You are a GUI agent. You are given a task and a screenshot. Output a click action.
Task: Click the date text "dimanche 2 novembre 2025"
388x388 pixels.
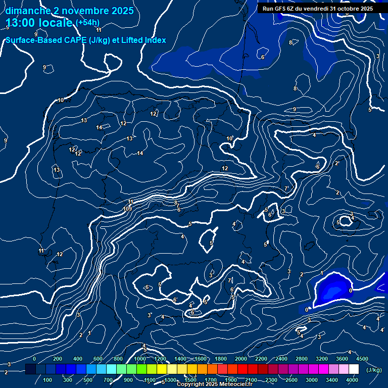[70, 11]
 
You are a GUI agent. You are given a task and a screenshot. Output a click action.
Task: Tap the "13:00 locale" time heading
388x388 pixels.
[39, 22]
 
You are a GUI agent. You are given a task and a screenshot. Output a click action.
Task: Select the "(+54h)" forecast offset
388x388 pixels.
[87, 22]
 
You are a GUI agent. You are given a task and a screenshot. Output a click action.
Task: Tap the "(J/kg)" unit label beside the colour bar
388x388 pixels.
[374, 370]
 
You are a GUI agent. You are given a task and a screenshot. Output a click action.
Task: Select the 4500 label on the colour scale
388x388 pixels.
[362, 359]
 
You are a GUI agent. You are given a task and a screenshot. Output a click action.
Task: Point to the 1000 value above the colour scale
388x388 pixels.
[140, 359]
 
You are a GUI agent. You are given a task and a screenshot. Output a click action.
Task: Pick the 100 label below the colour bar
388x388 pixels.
[48, 380]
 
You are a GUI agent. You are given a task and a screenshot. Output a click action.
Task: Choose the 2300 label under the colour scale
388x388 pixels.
[271, 380]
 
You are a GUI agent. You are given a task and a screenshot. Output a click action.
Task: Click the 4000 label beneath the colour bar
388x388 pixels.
[352, 380]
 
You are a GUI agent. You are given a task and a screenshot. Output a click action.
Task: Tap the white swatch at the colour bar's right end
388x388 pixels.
[353, 369]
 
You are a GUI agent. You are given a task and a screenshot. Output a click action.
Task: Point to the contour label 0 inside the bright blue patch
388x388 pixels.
[351, 290]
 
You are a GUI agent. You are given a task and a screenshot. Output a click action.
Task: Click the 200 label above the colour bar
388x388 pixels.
[58, 359]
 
